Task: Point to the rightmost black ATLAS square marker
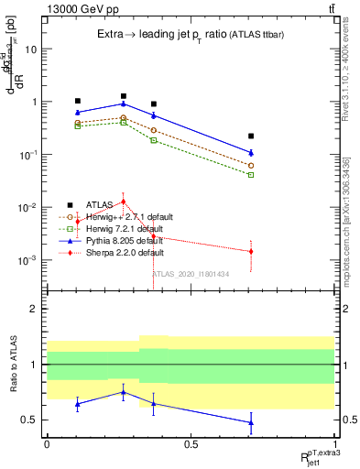tap(251, 136)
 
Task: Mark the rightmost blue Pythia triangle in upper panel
tap(251, 152)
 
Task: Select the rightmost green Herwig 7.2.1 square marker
tap(251, 174)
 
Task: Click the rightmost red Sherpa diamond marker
tap(251, 251)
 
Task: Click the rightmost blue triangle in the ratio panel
tap(251, 422)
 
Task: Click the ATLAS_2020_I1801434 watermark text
tap(191, 273)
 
